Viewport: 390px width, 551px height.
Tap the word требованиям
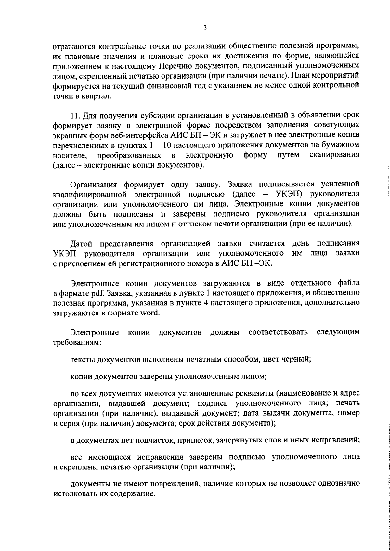point(77,342)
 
